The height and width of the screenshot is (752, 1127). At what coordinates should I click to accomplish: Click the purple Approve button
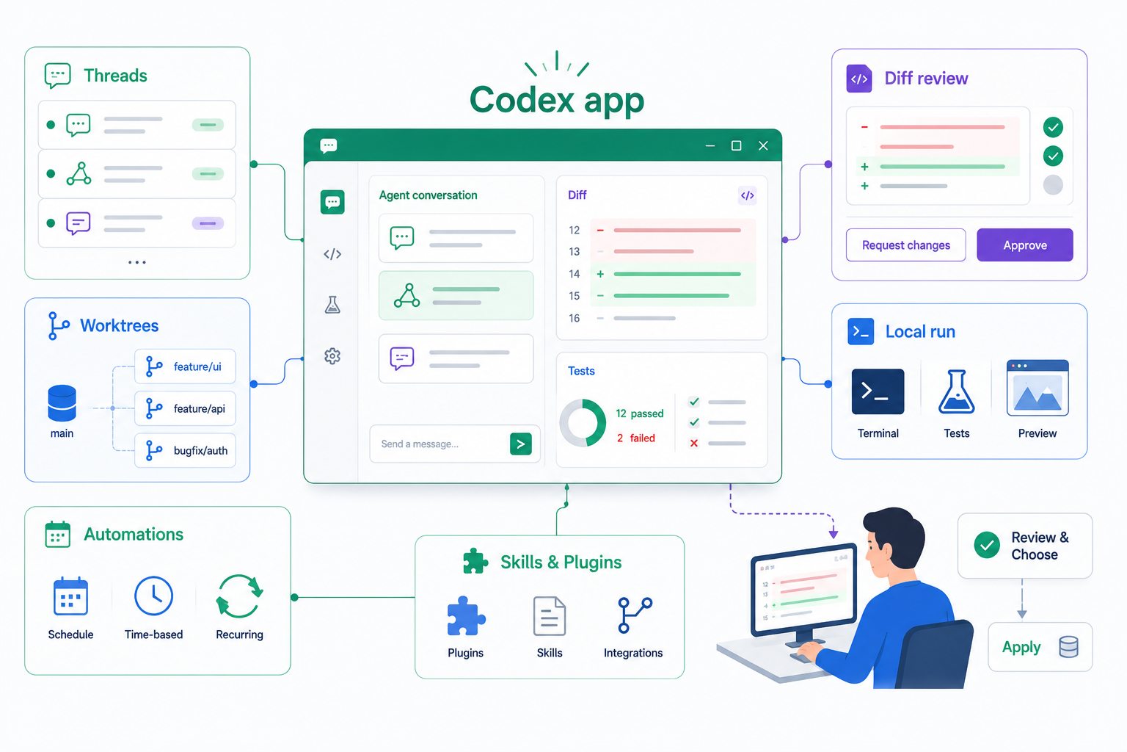(x=1024, y=245)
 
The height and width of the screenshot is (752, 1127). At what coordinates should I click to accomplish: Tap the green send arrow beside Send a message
(x=521, y=444)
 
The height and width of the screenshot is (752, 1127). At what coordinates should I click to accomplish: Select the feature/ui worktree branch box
(x=185, y=366)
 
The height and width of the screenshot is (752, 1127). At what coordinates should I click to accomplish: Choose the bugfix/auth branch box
(x=185, y=450)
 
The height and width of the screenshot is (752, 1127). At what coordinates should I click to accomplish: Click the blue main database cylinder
(x=62, y=402)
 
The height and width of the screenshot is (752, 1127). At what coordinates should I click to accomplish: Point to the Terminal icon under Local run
(x=878, y=391)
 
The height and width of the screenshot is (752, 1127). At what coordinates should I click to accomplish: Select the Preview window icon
(x=1037, y=388)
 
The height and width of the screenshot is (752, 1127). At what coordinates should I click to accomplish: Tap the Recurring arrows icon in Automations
(x=239, y=596)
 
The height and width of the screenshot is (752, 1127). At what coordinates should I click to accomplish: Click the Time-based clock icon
(x=153, y=596)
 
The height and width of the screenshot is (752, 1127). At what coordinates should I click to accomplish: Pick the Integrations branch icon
(x=635, y=615)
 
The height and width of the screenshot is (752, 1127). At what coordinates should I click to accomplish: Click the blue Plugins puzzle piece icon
(x=466, y=615)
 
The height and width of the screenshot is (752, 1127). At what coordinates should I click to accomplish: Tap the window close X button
(x=763, y=145)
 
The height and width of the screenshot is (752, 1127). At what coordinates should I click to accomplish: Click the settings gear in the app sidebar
(x=332, y=356)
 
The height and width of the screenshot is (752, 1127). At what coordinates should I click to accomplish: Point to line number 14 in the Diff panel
(x=574, y=274)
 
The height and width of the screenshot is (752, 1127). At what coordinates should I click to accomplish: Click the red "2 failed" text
(x=636, y=438)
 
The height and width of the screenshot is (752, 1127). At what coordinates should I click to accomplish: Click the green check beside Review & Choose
(x=987, y=545)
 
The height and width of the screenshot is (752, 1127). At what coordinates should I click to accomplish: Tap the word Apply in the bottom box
(x=1021, y=647)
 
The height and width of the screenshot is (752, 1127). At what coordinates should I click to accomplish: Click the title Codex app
(x=556, y=100)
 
